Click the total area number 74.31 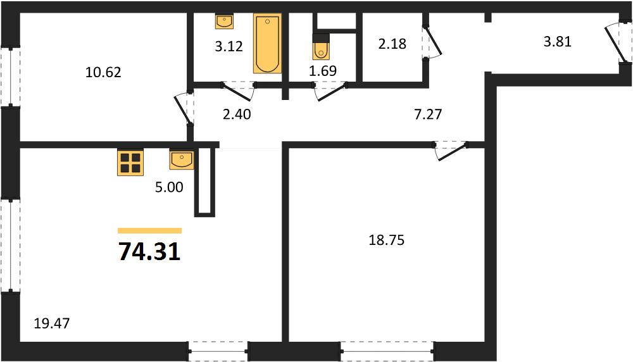(x=149, y=252)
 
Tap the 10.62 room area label (x=103, y=72)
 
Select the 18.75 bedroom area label (x=386, y=240)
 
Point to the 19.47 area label (x=52, y=323)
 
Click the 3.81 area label (x=558, y=42)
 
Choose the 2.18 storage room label (x=392, y=43)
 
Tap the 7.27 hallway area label (x=428, y=114)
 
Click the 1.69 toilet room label (x=323, y=71)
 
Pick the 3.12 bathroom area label (x=229, y=46)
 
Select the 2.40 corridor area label (x=237, y=114)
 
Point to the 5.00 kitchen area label (x=169, y=187)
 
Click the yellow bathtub (x=267, y=44)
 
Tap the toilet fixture (x=321, y=47)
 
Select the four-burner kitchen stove (x=130, y=163)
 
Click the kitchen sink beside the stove (x=182, y=159)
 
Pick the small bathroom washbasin (x=224, y=21)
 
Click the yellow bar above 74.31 (x=150, y=231)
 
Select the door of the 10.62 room (x=184, y=109)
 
